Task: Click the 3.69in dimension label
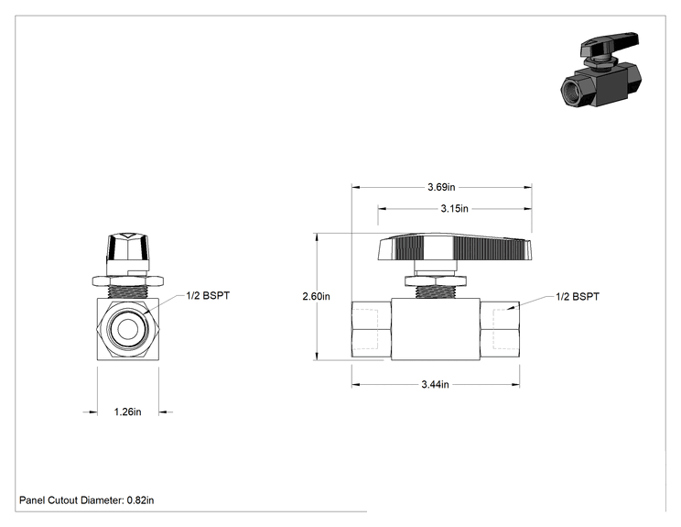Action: tap(441, 187)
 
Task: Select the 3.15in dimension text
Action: tap(454, 209)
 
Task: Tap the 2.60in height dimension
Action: tap(316, 297)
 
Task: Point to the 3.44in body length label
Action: tap(435, 384)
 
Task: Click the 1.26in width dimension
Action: tap(128, 412)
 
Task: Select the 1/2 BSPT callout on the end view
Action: tap(208, 296)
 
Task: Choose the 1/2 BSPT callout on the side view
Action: tap(578, 297)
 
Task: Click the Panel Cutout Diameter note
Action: tap(86, 500)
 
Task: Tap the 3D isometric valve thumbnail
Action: tap(600, 70)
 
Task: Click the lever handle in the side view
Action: tap(455, 247)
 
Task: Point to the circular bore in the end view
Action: tap(128, 328)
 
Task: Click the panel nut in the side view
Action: tap(436, 280)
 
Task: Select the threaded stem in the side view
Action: tap(436, 292)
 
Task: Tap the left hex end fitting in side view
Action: tap(372, 329)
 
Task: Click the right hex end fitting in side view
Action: tap(500, 329)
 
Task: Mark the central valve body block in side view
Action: tap(436, 329)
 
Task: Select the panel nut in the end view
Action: tap(128, 280)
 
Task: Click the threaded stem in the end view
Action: tap(128, 291)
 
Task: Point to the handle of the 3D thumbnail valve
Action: tap(610, 44)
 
